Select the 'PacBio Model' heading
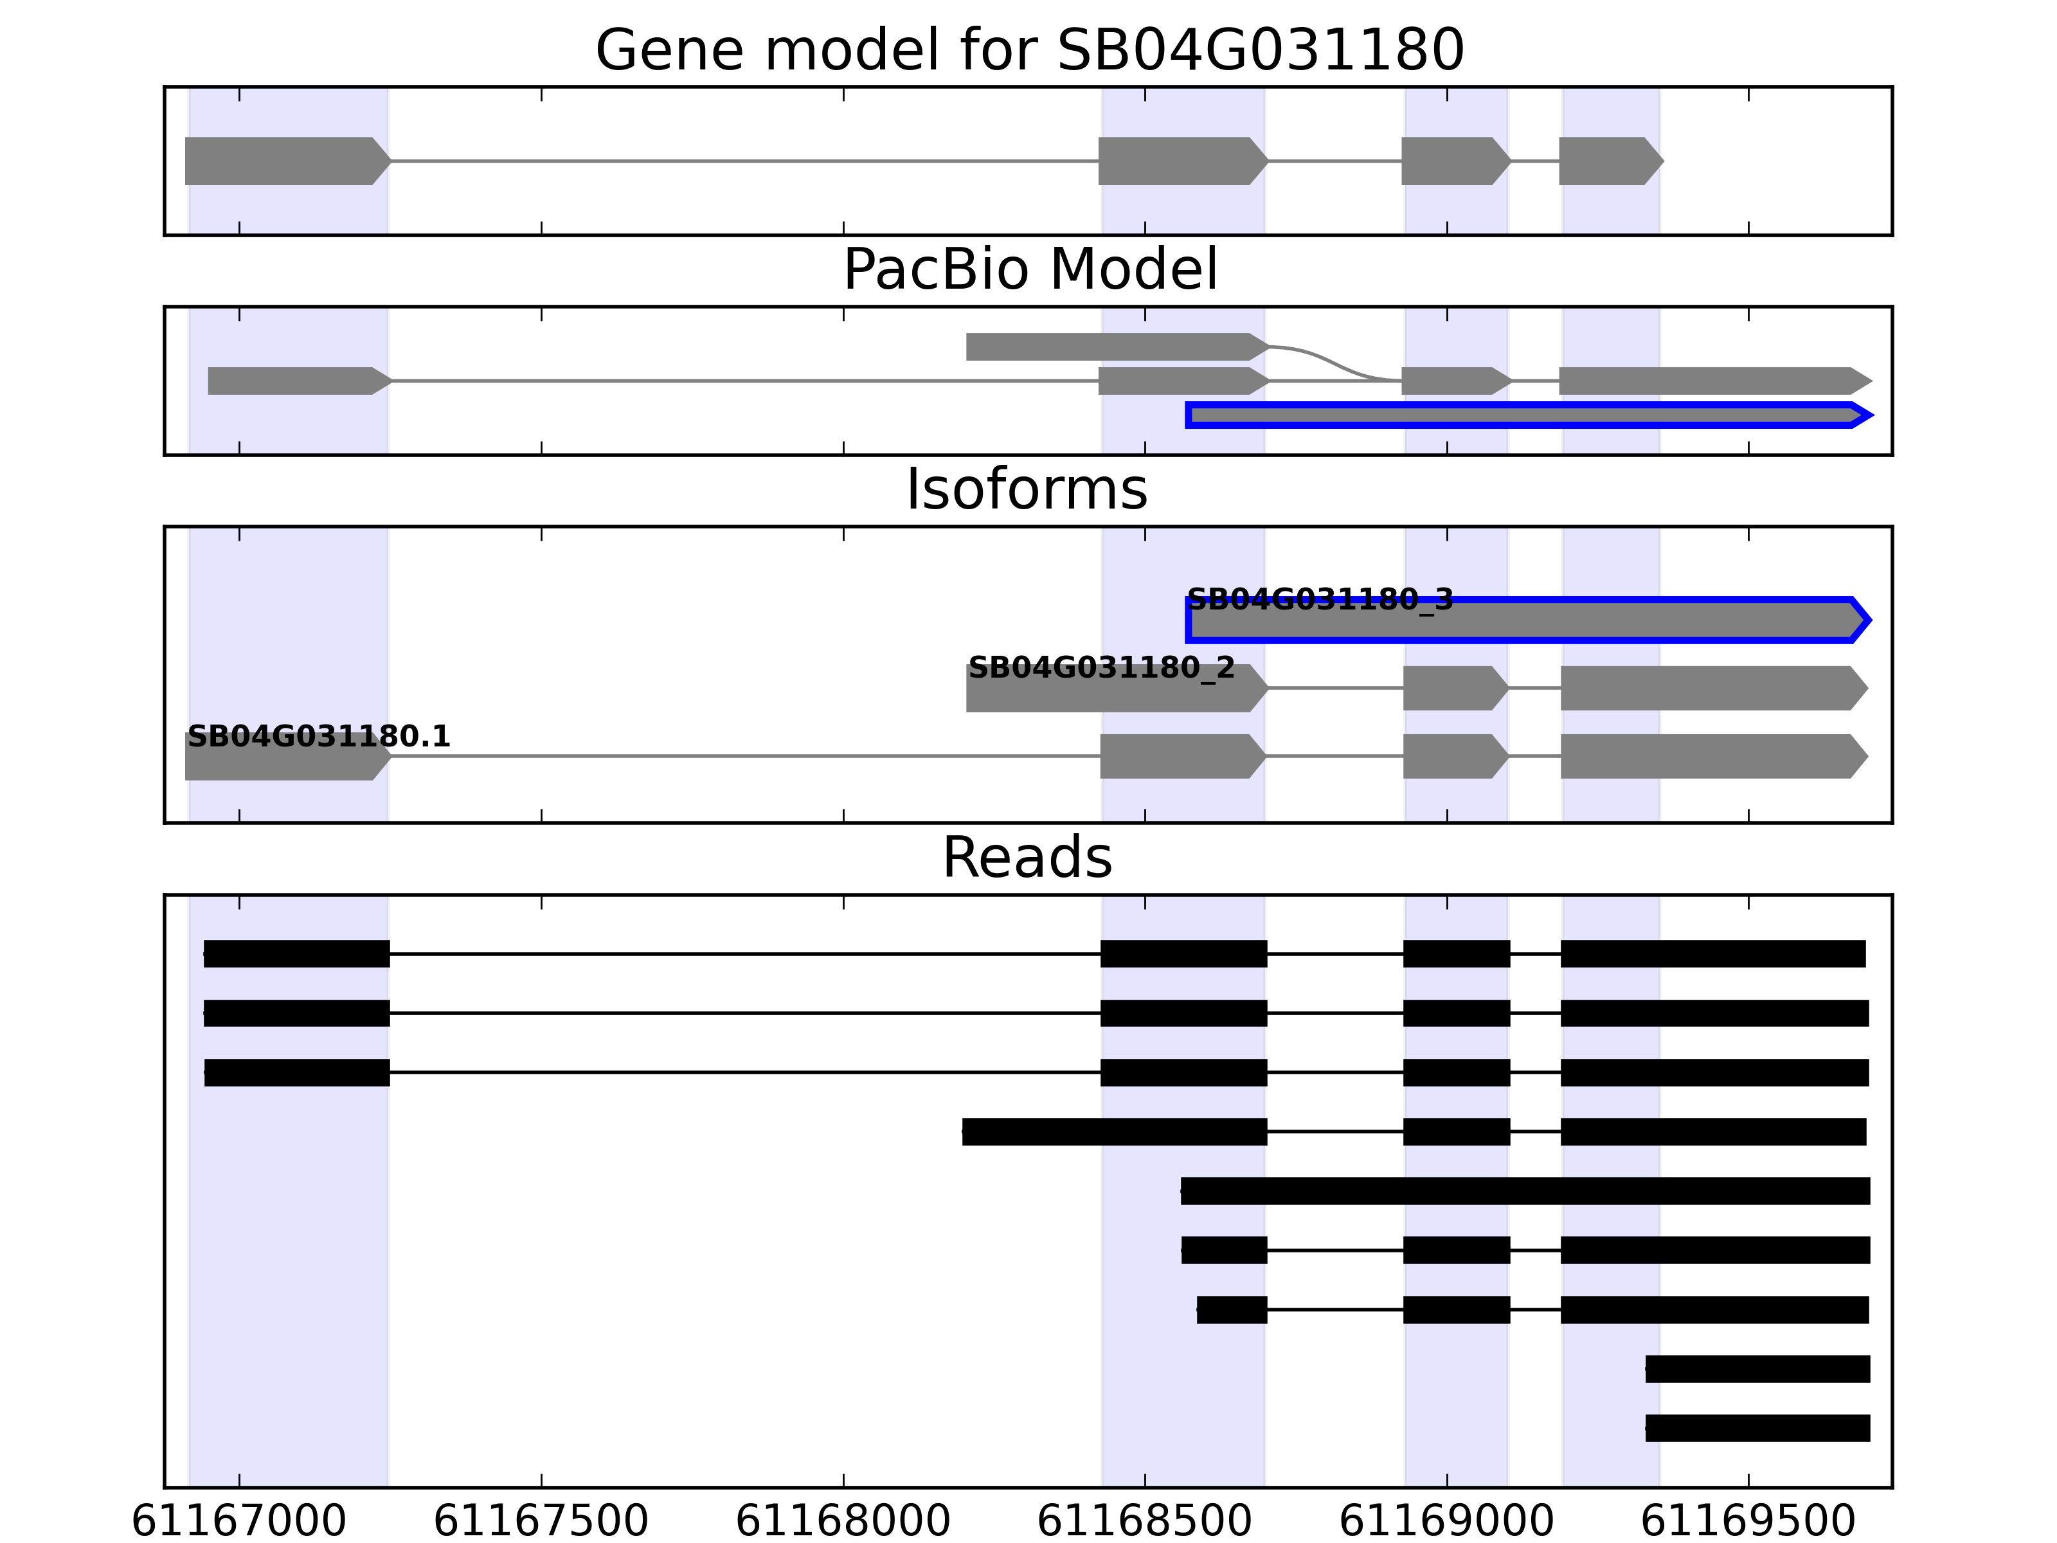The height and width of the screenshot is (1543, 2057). [x=1029, y=270]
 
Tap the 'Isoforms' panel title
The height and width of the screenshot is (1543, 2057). [x=1027, y=489]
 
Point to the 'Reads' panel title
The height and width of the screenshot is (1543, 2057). [x=1027, y=858]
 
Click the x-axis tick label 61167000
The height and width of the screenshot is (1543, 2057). [x=239, y=1522]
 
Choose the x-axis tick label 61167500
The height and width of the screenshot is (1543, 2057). [x=541, y=1522]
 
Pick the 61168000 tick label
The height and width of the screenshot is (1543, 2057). [x=843, y=1522]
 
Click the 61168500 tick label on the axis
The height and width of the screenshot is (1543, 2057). [x=1145, y=1522]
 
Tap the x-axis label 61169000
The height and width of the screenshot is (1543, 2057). [x=1447, y=1522]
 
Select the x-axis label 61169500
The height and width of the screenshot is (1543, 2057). [x=1748, y=1522]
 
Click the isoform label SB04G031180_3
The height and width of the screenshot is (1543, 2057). [x=1320, y=600]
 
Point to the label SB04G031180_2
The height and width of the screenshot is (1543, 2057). [x=1101, y=668]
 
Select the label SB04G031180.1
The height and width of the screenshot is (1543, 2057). [x=319, y=737]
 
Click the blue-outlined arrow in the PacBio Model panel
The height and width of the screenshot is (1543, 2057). [x=1525, y=415]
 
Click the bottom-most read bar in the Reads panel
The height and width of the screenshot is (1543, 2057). [x=1757, y=1428]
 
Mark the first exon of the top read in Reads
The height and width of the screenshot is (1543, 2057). [x=296, y=953]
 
